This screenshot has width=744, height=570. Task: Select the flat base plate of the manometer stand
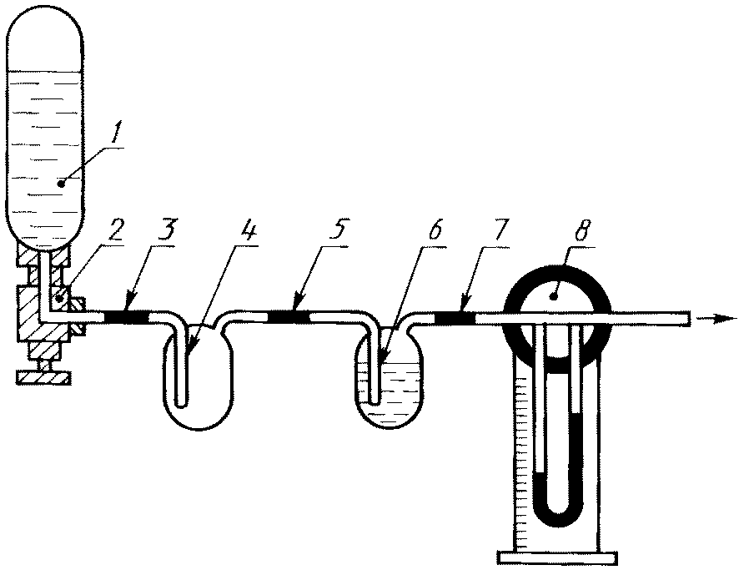coord(557,557)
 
